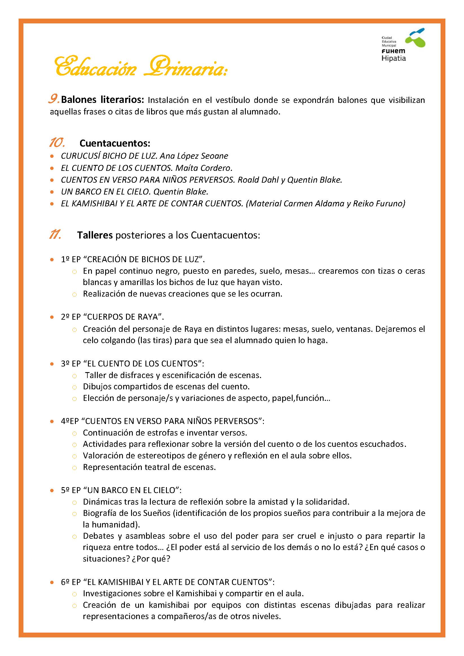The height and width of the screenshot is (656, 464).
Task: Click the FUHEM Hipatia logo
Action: (403, 45)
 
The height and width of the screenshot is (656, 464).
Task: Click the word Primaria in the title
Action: (186, 67)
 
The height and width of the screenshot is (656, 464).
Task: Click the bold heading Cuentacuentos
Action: (115, 143)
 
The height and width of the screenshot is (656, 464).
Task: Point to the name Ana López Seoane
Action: (194, 156)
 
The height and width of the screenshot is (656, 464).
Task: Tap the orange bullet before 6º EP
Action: (52, 582)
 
